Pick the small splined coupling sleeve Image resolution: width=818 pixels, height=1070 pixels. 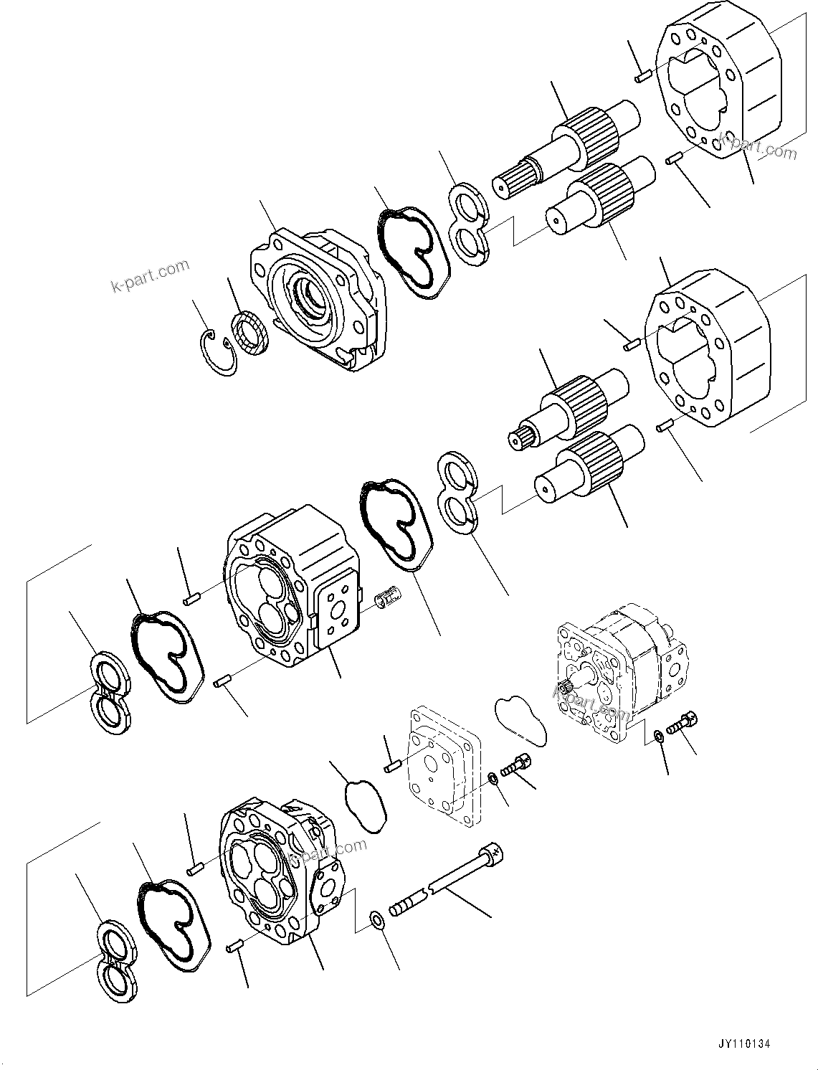[390, 595]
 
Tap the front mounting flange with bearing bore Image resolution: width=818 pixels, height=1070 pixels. [315, 298]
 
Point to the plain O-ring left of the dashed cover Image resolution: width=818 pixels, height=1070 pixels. [366, 806]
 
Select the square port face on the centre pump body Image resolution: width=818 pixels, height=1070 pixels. [334, 610]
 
